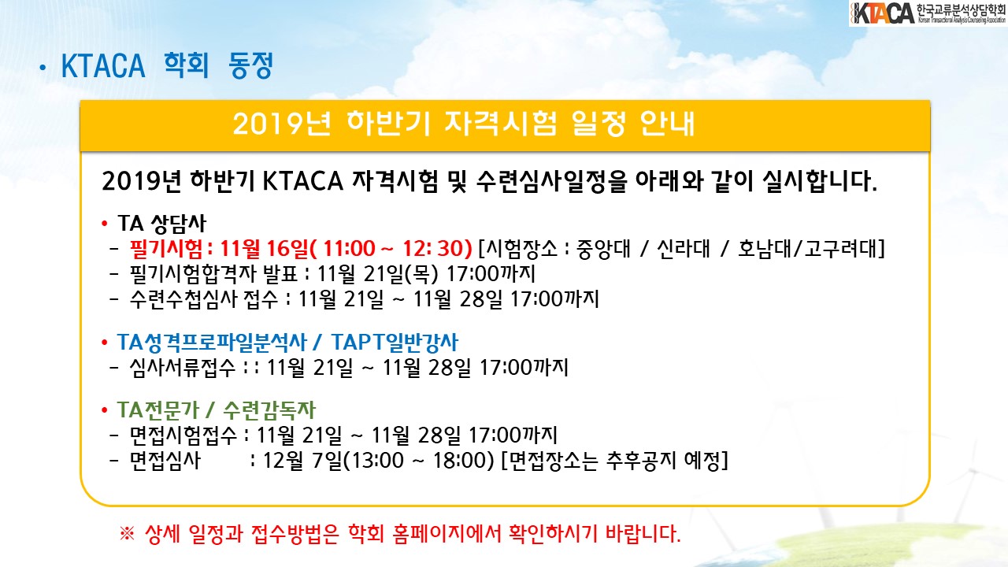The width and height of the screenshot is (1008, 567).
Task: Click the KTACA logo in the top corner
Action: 928,13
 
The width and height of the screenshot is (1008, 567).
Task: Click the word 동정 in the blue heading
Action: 250,65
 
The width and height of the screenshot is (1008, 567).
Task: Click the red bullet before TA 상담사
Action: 105,224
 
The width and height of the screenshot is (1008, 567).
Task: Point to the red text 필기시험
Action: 166,248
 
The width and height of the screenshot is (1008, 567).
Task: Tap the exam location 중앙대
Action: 603,248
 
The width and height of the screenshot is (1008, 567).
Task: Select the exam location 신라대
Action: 683,248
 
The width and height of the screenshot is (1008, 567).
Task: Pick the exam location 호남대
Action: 765,248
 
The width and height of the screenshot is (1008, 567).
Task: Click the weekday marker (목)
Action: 421,273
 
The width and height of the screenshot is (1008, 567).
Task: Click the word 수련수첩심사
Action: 183,299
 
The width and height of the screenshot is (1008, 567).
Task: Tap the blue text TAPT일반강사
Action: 395,343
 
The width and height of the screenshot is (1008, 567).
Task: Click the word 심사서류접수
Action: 182,368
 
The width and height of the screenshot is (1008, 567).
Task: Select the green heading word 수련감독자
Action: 269,410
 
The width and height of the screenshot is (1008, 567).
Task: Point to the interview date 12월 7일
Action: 302,461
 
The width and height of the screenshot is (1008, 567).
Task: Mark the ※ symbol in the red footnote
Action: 127,534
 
